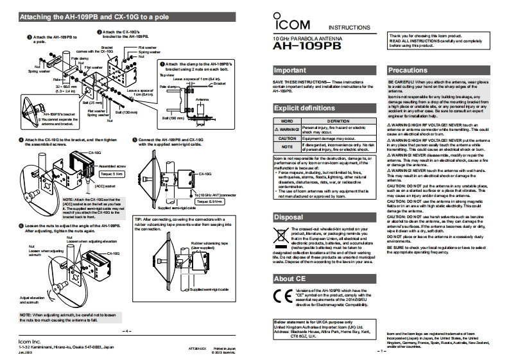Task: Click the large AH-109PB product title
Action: pyautogui.click(x=298, y=47)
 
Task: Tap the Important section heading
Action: pyautogui.click(x=289, y=69)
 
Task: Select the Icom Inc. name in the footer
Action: pyautogui.click(x=29, y=341)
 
